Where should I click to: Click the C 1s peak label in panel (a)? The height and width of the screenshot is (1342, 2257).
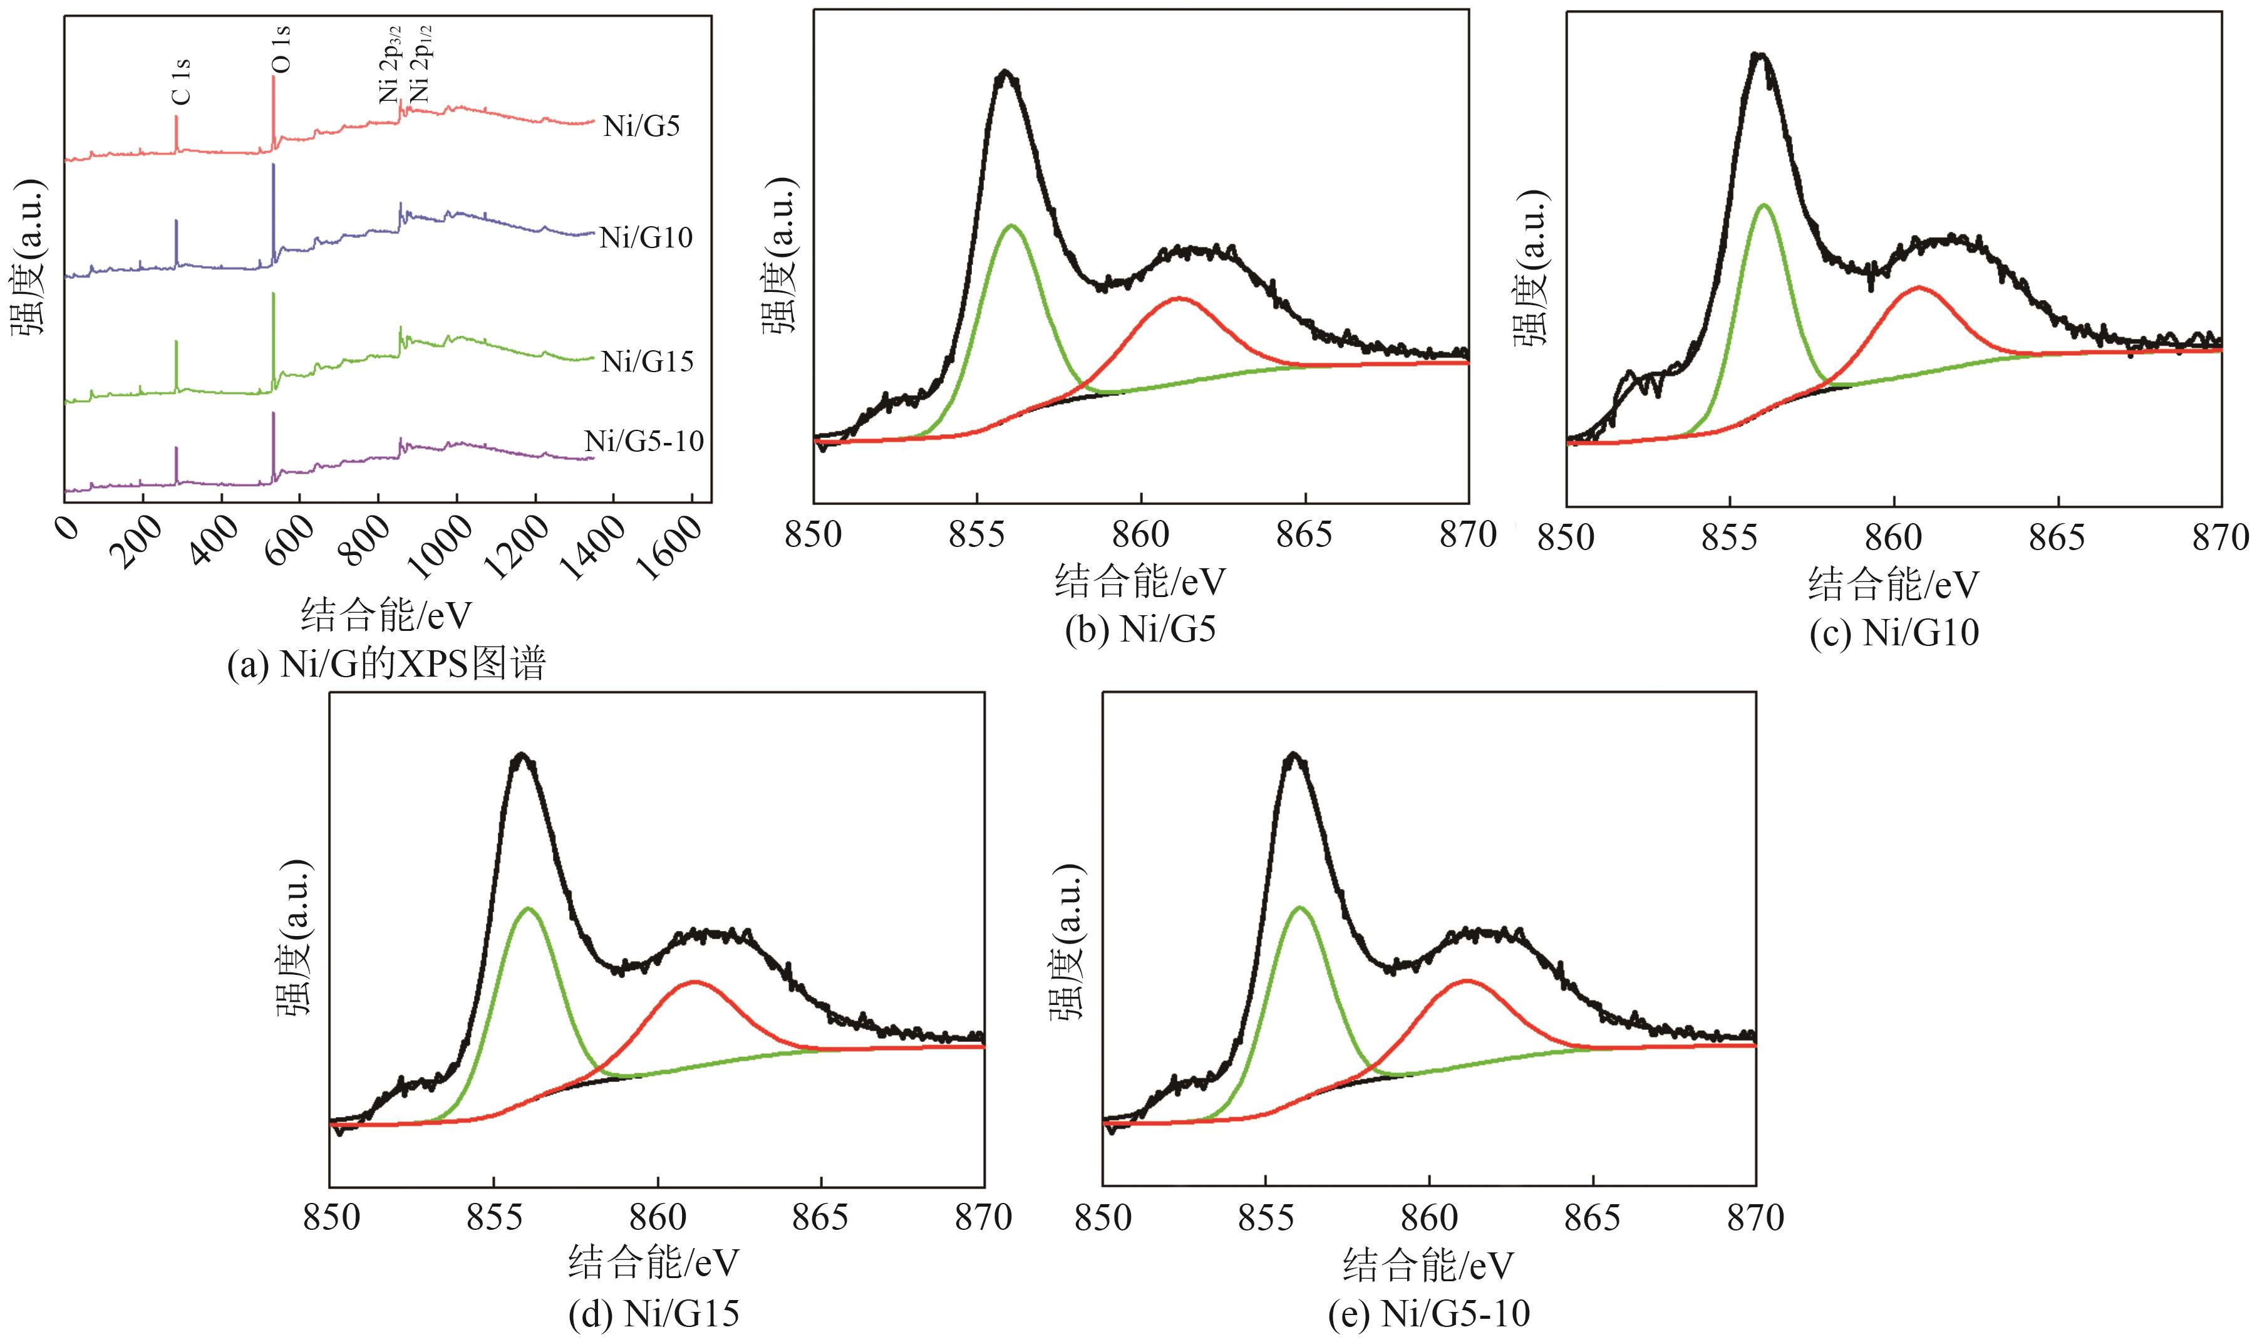[181, 82]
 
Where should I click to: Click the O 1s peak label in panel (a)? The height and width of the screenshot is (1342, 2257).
[281, 49]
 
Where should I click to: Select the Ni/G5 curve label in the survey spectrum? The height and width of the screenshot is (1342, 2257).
[642, 126]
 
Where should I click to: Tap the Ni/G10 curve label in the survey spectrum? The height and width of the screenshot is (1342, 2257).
[646, 238]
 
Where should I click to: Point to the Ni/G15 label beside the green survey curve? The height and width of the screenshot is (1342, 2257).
[647, 362]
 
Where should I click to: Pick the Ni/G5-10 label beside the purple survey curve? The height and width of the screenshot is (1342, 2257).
[644, 441]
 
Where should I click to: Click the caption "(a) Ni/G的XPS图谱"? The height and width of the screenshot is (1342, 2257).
[387, 665]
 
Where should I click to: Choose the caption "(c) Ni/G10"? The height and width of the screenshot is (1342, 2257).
[1894, 632]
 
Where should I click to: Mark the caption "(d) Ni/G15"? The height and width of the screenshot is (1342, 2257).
[654, 1314]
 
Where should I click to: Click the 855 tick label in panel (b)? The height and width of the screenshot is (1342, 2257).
[977, 535]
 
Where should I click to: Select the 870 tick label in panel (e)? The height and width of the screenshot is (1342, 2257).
[1756, 1218]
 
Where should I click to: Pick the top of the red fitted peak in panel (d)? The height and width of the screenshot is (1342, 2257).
[694, 981]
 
